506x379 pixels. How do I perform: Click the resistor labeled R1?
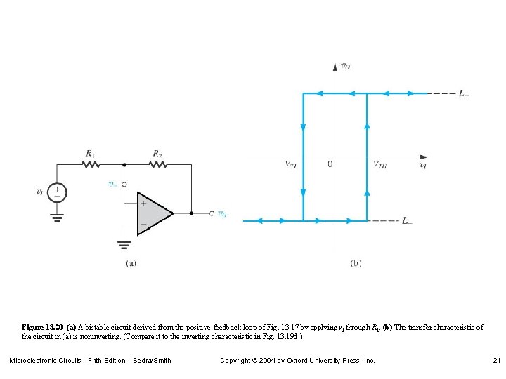coord(91,165)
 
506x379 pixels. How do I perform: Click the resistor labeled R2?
coord(158,165)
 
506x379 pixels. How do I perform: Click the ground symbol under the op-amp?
coord(124,245)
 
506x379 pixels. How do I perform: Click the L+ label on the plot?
coord(463,93)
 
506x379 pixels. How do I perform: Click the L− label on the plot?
coord(407,220)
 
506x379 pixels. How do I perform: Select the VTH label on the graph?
coord(379,165)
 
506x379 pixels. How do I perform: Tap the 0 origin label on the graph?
coord(330,164)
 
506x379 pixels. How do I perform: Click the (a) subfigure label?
coord(131,263)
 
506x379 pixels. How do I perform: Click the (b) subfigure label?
coord(356,263)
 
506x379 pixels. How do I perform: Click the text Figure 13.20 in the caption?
coord(42,328)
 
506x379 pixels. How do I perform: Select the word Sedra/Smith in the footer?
coord(152,361)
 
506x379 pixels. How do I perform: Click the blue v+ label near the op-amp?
coord(113,185)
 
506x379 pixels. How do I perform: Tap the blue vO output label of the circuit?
coord(222,214)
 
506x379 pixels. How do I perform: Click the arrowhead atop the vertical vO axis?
coord(334,67)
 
